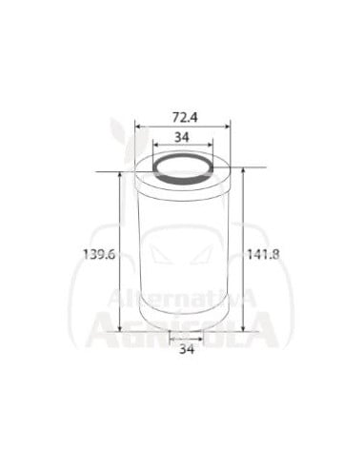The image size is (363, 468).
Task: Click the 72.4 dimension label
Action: pyautogui.click(x=185, y=118)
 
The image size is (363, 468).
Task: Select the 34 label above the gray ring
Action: pyautogui.click(x=182, y=137)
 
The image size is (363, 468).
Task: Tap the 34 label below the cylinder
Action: pyautogui.click(x=187, y=349)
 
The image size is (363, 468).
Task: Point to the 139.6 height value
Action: pyautogui.click(x=98, y=254)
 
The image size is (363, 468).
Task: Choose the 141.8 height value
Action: pyautogui.click(x=264, y=254)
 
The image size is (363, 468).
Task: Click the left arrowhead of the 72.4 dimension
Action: pyautogui.click(x=137, y=127)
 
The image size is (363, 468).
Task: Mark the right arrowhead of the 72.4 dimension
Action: pyautogui.click(x=228, y=127)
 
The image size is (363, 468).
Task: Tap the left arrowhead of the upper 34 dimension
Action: pyautogui.click(x=155, y=145)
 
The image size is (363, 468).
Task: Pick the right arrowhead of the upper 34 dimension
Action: pyautogui.click(x=210, y=145)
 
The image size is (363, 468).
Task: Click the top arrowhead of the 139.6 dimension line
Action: pyautogui.click(x=120, y=175)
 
